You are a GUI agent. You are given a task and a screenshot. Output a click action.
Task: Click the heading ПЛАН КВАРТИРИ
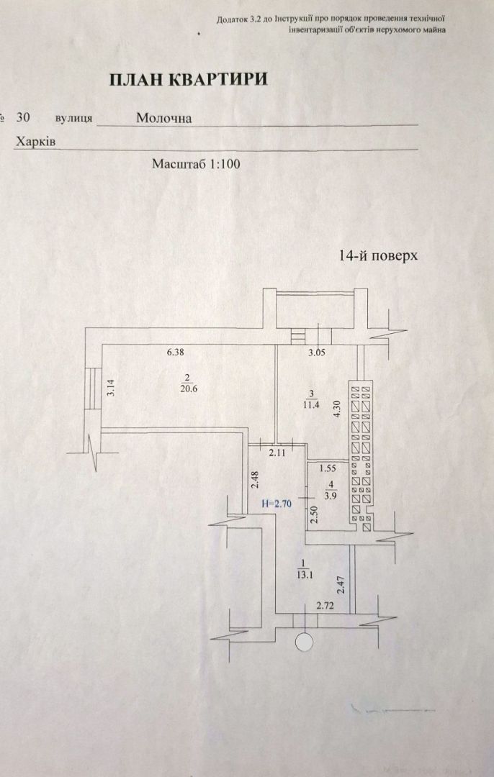[188, 79]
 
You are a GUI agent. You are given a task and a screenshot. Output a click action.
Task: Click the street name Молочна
[163, 118]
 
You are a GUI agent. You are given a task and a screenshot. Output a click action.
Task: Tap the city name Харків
[36, 142]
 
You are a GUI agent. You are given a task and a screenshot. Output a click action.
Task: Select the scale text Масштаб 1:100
[195, 164]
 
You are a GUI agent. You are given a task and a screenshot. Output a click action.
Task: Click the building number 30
[23, 117]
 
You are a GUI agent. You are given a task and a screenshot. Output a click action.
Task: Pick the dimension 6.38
[176, 353]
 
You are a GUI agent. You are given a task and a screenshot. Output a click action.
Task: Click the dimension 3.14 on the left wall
[111, 388]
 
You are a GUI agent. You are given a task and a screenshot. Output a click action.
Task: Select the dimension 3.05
[318, 353]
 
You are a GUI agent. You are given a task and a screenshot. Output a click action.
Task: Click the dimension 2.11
[277, 453]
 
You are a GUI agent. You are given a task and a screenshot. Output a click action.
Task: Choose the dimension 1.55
[328, 468]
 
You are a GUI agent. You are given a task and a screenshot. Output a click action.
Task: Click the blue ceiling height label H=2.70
[277, 504]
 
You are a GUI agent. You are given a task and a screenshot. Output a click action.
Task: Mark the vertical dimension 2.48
[253, 480]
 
